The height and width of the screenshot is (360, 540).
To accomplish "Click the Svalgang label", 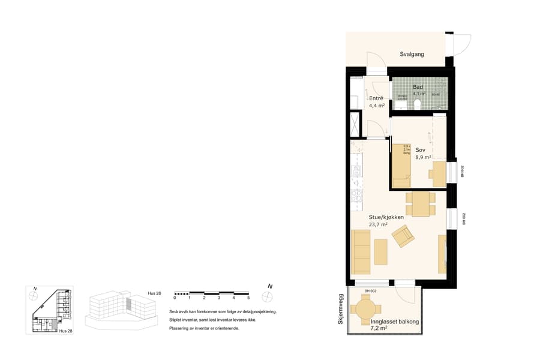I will click(x=412, y=54).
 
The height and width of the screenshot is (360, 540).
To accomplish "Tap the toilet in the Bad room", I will click(x=416, y=105).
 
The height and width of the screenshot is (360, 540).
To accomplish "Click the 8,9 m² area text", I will click(x=424, y=157).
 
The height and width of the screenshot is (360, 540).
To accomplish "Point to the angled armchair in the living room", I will click(x=403, y=236).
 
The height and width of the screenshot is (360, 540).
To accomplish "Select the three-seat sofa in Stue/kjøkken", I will click(x=361, y=251).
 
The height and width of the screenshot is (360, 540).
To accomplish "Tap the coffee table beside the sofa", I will click(x=381, y=251).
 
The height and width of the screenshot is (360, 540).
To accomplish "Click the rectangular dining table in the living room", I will click(x=421, y=203).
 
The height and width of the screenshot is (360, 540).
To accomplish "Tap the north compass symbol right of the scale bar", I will click(x=266, y=296).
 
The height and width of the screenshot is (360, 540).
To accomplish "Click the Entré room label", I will click(x=376, y=98).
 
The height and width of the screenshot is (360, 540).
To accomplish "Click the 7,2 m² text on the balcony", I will click(x=379, y=329).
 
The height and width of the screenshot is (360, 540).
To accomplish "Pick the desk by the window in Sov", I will click(x=437, y=170).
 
